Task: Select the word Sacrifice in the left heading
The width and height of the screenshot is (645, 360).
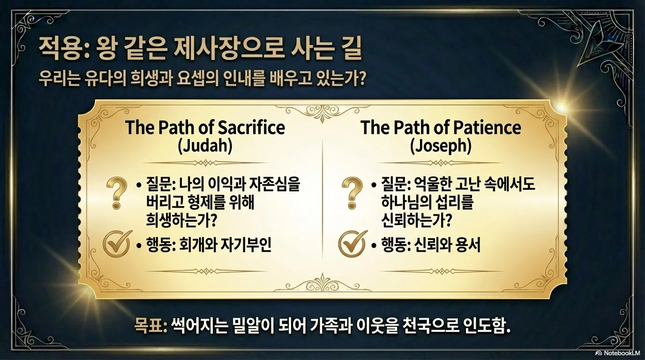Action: click(x=251, y=127)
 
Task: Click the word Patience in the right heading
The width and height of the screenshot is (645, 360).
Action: click(x=487, y=127)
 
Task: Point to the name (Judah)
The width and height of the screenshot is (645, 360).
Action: click(x=205, y=146)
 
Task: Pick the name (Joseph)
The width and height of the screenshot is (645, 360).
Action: click(x=441, y=147)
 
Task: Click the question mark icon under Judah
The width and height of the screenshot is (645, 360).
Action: click(x=116, y=193)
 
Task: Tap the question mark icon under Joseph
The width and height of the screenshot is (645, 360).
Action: click(x=352, y=193)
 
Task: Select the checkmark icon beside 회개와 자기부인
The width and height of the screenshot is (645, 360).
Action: click(x=117, y=244)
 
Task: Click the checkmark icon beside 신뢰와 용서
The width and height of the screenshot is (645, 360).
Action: click(x=352, y=244)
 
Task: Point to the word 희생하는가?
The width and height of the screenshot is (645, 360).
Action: click(x=181, y=220)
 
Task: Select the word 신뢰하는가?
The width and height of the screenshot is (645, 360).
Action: click(x=416, y=220)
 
